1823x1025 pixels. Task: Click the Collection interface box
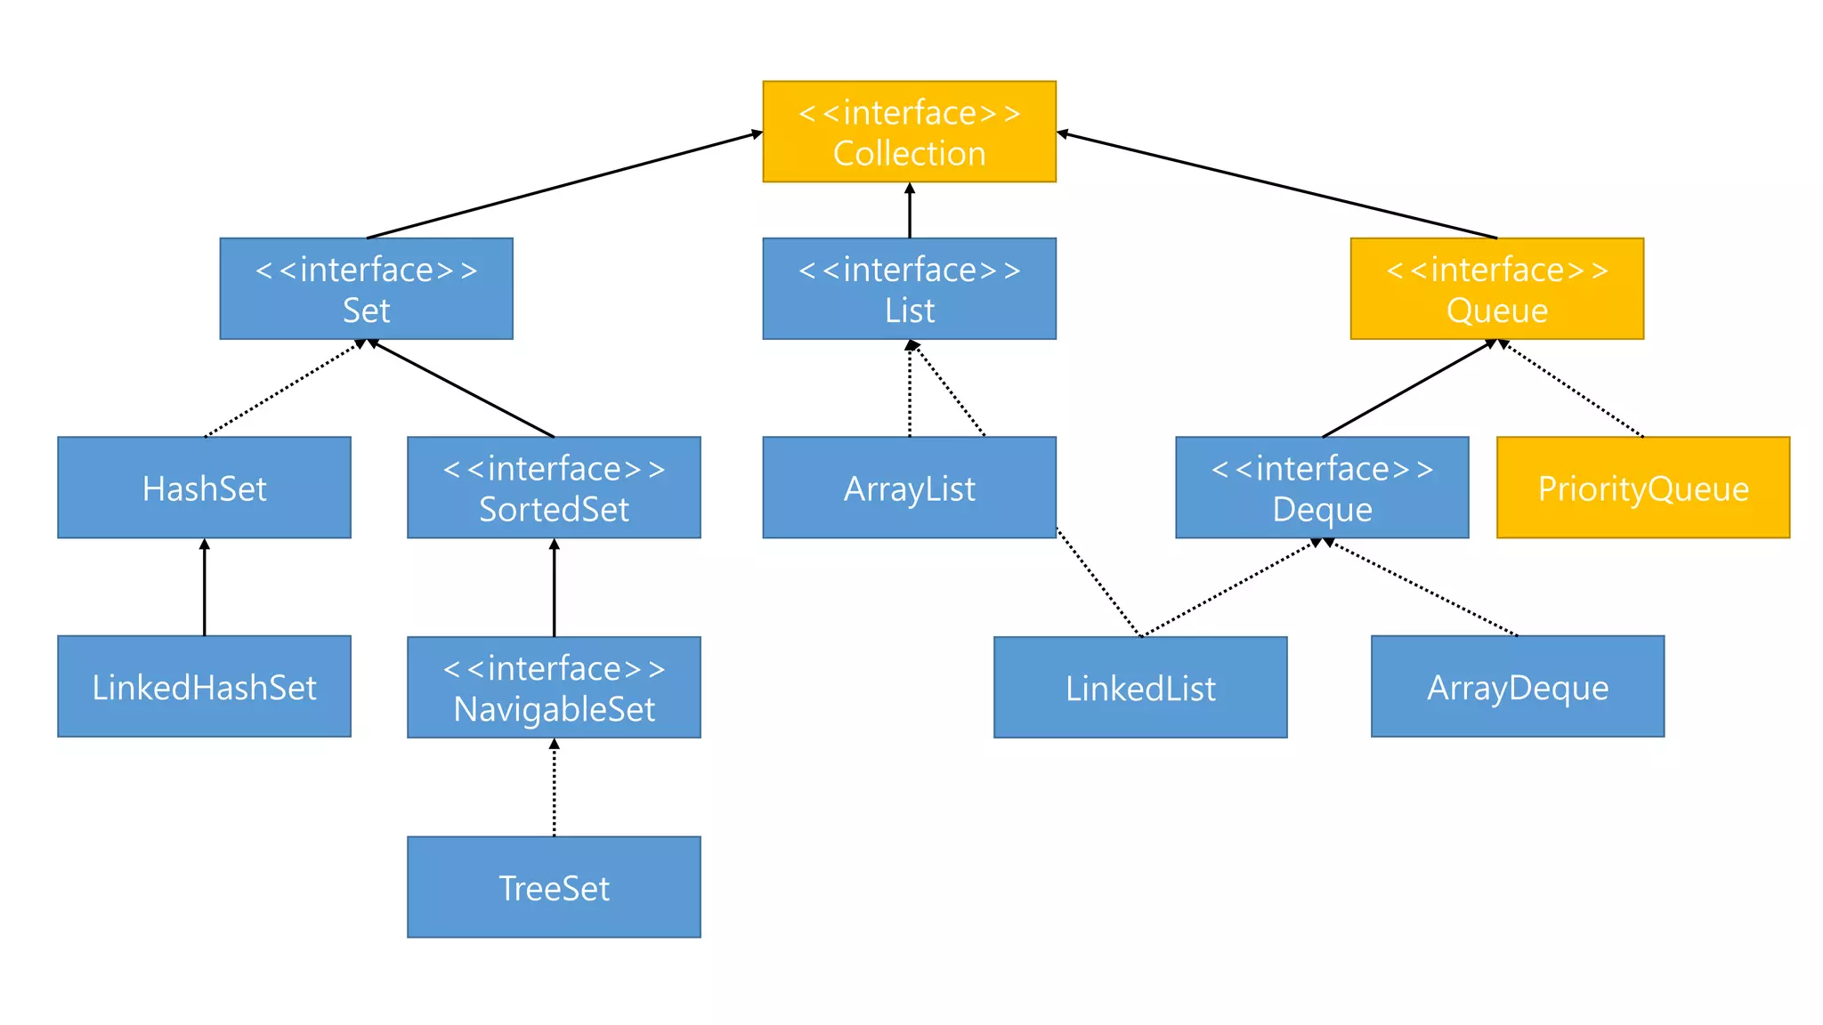[x=909, y=132]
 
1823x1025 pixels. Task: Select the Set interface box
[x=366, y=288]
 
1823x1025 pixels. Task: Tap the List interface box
[x=909, y=288]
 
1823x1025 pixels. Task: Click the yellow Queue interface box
[x=1496, y=288]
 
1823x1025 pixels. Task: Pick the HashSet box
[x=204, y=488]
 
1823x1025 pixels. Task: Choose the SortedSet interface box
[x=554, y=488]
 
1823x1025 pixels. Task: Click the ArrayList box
[x=909, y=488]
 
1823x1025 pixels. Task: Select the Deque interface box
[x=1322, y=488]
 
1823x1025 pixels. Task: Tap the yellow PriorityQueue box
[x=1643, y=488]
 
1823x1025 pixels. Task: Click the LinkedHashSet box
[x=204, y=686]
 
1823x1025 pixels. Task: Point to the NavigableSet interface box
[x=554, y=687]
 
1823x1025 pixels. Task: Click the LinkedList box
[x=1140, y=687]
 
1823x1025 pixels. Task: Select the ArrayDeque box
[x=1518, y=686]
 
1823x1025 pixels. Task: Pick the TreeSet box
[x=554, y=886]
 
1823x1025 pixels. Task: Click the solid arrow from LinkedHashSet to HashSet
[x=204, y=587]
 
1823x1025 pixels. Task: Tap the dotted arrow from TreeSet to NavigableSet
[x=554, y=787]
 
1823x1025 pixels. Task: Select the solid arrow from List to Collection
[x=909, y=211]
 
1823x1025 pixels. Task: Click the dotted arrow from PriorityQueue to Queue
[x=1571, y=389]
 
